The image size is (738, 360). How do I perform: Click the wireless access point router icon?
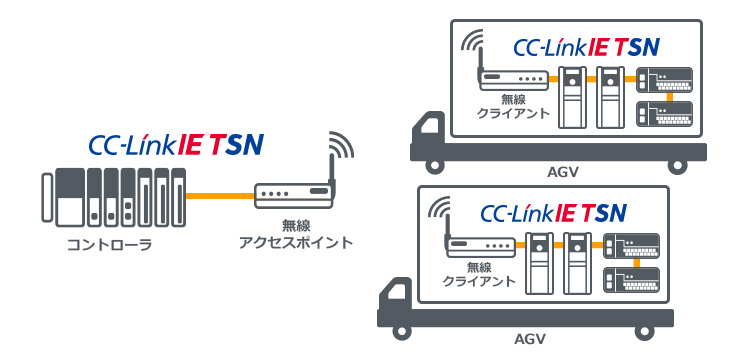[292, 193]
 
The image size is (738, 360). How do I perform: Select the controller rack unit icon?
[114, 197]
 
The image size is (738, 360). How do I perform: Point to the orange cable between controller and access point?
[220, 194]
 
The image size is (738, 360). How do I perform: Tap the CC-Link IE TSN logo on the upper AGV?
[584, 46]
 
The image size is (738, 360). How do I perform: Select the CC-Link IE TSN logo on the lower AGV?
[552, 213]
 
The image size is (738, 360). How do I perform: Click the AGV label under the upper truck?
[563, 171]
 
